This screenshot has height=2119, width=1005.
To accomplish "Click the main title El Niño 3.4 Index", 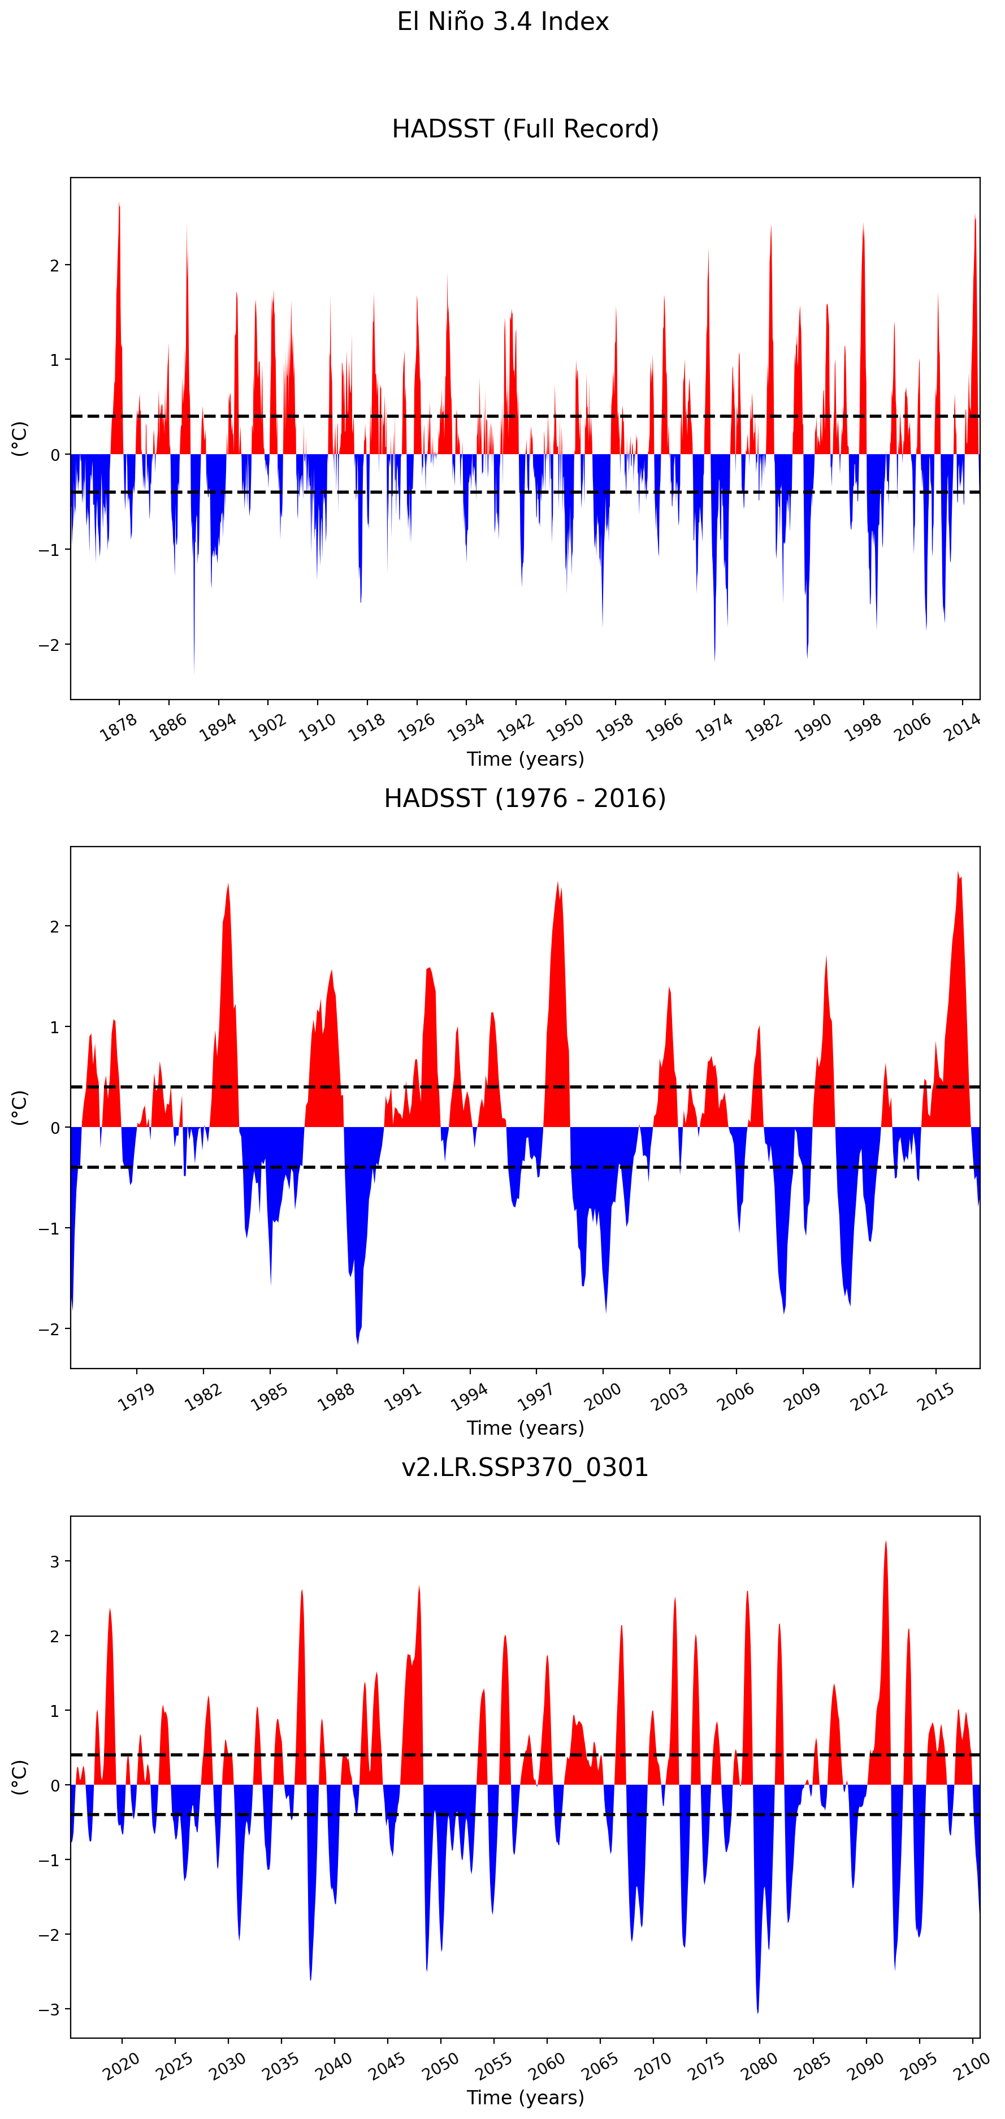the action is [503, 21].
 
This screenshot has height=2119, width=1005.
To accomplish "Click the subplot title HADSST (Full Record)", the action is [525, 129].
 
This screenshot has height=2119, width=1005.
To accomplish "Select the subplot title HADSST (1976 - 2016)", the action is [525, 798].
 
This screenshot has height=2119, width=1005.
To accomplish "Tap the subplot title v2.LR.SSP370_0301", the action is [525, 1468].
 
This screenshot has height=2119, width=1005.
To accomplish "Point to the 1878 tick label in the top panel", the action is [119, 727].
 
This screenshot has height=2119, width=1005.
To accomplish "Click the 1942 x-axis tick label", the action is [515, 727].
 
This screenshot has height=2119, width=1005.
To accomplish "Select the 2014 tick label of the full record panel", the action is [961, 727].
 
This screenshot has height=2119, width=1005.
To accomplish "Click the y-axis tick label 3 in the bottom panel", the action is [55, 1561].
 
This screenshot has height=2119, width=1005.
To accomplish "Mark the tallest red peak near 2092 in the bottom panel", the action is [886, 1542].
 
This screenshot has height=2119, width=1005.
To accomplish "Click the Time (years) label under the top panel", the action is [525, 759].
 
